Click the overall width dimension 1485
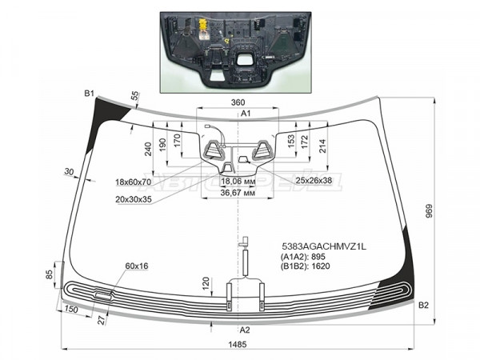[x=238, y=344]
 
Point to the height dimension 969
[x=429, y=211]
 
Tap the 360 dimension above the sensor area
[x=238, y=102]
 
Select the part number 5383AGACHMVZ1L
[x=324, y=246]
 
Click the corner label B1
[x=89, y=94]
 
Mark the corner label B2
[x=423, y=305]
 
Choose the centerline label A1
[x=246, y=114]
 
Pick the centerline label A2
[x=245, y=330]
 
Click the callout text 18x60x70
[x=133, y=182]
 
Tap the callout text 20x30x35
[x=134, y=199]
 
